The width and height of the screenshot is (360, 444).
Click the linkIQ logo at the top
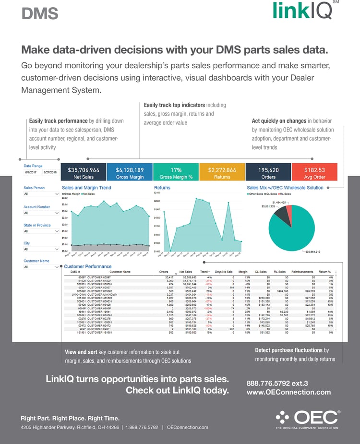click(302, 11)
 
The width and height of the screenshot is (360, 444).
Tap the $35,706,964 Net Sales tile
click(84, 172)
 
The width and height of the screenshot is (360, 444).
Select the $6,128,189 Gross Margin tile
click(130, 172)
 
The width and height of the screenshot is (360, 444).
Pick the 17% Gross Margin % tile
click(176, 172)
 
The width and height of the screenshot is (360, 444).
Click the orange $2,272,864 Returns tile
click(222, 172)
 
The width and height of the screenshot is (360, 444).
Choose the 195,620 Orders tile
click(268, 172)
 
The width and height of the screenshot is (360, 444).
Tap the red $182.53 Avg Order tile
click(314, 172)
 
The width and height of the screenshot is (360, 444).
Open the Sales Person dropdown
click(41, 194)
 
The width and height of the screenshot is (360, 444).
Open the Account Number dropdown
click(41, 213)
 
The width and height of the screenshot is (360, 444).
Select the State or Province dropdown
click(41, 231)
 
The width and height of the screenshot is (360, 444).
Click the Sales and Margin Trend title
click(86, 188)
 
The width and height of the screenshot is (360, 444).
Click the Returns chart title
click(162, 188)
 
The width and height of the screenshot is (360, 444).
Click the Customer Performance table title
click(87, 266)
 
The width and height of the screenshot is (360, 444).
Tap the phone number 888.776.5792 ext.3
click(277, 384)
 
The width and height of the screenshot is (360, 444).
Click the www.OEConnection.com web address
click(288, 392)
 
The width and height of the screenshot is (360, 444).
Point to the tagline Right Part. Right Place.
click(70, 418)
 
